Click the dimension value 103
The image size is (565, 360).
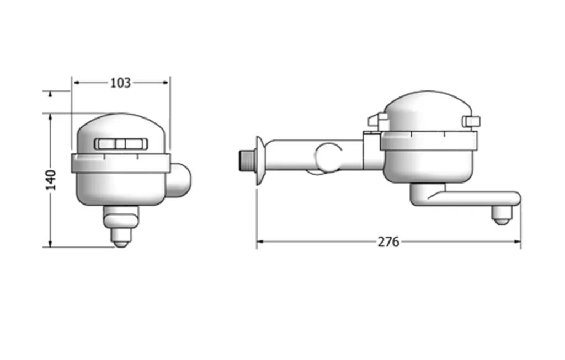pos(120,83)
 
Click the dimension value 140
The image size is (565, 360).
pos(51,180)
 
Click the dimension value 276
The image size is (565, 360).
pos(388,241)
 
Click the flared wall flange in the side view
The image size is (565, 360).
pos(261,160)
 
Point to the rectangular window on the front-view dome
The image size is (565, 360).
pos(121,144)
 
